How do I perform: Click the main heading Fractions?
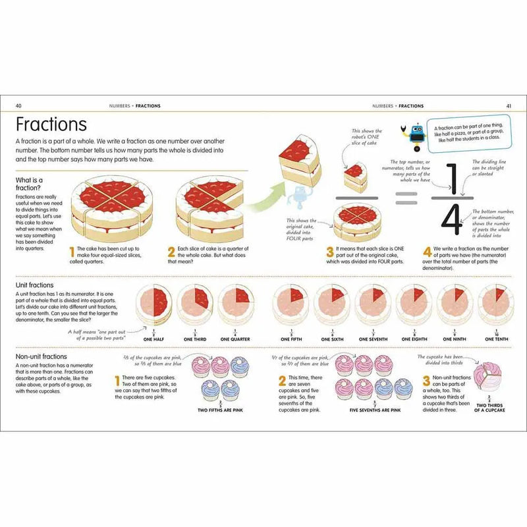coord(51,125)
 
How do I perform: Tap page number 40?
coord(18,105)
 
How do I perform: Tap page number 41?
coord(509,105)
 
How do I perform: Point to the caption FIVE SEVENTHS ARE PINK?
coord(375,410)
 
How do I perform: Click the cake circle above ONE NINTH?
coord(454,304)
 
